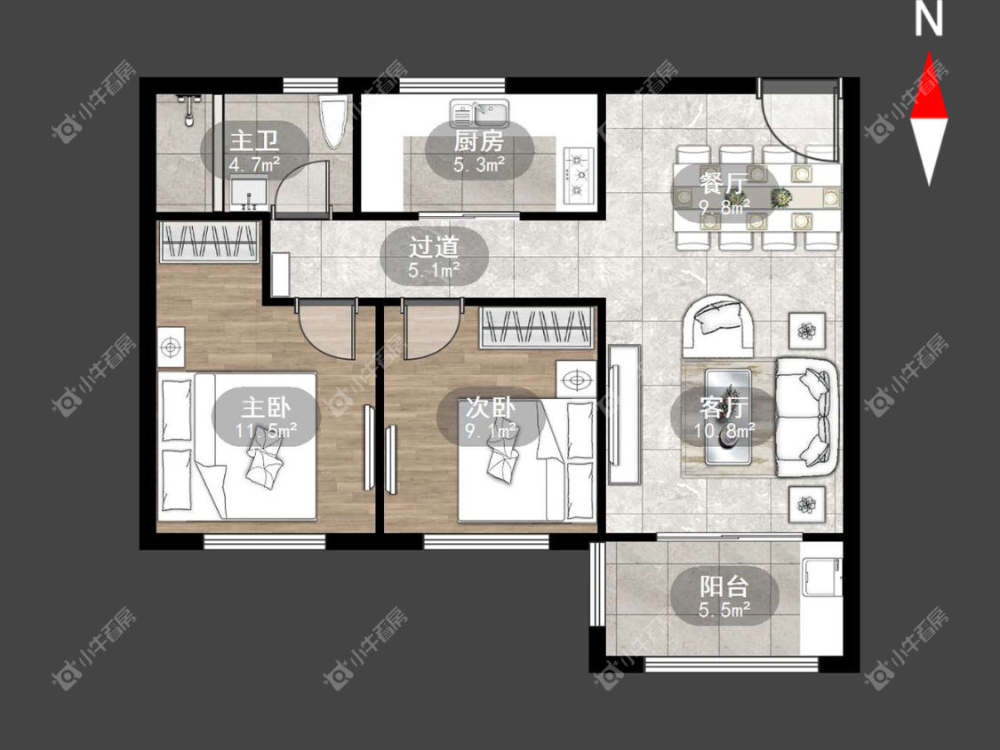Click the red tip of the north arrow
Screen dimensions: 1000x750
pos(929,53)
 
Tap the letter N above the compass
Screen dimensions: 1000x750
pos(929,18)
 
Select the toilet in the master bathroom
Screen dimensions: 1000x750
pos(333,121)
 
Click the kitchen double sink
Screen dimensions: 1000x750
pos(479,114)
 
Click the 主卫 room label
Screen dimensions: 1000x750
pos(254,140)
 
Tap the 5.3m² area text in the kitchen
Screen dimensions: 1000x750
pos(479,165)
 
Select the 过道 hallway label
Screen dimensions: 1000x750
pos(434,247)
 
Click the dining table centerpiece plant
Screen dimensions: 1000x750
pos(780,197)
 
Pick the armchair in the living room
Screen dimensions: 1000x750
pos(719,325)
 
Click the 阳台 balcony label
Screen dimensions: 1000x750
pos(724,586)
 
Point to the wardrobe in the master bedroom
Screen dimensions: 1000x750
pos(209,242)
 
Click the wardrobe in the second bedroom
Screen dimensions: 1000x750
pos(537,327)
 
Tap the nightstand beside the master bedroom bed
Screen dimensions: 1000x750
pos(171,347)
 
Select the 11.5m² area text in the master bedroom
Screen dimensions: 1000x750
pos(266,431)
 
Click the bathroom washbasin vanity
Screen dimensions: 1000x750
pos(250,193)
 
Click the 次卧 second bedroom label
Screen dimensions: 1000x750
pos(490,407)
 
